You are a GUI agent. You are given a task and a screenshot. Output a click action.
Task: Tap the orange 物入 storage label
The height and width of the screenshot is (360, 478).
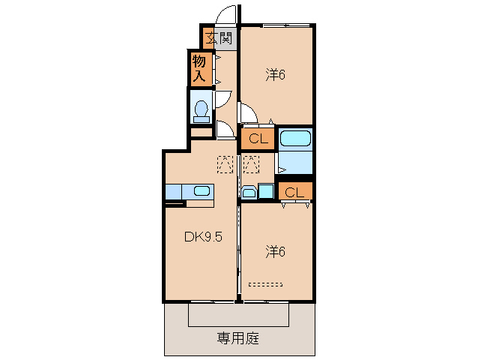(x=199, y=68)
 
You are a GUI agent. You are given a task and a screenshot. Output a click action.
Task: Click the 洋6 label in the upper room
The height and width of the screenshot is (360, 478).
(x=275, y=74)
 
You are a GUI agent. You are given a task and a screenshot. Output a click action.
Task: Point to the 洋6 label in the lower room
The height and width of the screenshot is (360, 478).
(x=275, y=251)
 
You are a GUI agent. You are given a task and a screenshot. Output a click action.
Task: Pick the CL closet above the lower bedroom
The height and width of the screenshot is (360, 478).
(x=294, y=192)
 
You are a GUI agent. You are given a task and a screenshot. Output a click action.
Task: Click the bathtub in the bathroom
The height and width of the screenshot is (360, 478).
(x=294, y=139)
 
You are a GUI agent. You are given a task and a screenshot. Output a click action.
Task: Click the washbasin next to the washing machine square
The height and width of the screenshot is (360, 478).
(x=249, y=192)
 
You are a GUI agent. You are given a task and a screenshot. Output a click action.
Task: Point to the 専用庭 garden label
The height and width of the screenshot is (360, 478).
(x=238, y=338)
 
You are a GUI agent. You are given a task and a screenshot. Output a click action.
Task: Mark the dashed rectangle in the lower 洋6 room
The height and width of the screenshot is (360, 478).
(x=265, y=284)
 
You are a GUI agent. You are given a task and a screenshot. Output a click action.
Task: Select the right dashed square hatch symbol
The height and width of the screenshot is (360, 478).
(x=250, y=162)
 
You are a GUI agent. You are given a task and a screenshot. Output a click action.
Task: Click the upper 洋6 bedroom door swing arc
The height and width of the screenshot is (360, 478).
(x=249, y=112)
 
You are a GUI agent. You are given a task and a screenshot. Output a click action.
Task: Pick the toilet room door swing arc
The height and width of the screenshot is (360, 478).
(x=223, y=99)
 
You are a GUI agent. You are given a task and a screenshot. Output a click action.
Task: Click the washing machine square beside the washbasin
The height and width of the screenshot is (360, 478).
(x=265, y=191)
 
